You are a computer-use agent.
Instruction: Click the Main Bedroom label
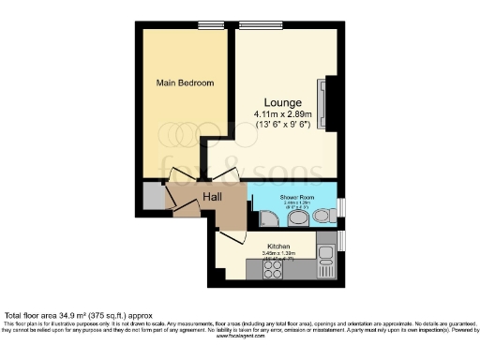(x=185, y=83)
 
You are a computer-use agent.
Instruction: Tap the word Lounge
(x=282, y=101)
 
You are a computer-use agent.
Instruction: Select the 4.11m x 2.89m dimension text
(x=282, y=114)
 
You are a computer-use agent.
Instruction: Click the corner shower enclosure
(x=266, y=217)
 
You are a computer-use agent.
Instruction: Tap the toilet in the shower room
(x=298, y=217)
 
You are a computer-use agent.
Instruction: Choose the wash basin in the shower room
(x=322, y=216)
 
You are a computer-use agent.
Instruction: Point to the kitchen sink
(x=325, y=253)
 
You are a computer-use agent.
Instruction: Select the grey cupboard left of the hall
(x=154, y=196)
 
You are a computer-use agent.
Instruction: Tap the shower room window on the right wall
(x=341, y=208)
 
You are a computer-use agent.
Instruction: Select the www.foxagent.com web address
(x=239, y=336)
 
